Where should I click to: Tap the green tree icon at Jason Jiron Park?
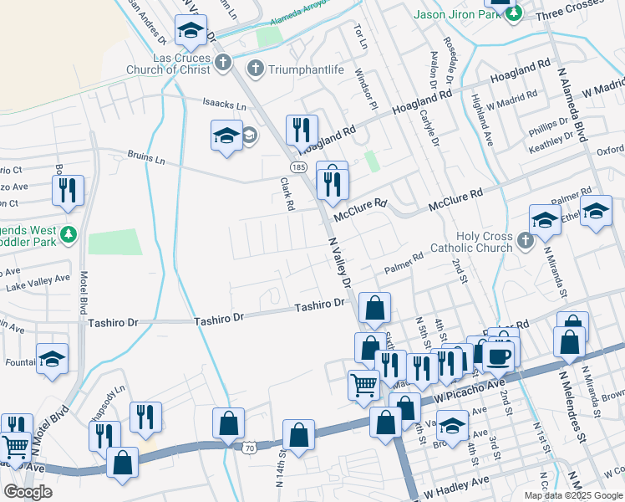coord(516,14)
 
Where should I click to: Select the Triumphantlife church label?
coord(306,69)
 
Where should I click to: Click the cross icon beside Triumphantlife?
coord(256,69)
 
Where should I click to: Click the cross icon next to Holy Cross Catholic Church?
coord(525,242)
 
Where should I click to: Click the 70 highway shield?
coord(248,449)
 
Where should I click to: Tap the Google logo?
coord(28,492)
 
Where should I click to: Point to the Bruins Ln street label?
coord(145,156)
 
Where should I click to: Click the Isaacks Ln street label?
coord(224,106)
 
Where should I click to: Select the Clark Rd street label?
coord(287,193)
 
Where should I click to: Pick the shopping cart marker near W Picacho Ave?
coord(364,384)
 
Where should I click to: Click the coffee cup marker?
coord(501,354)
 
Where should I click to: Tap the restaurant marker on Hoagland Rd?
coord(298,129)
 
